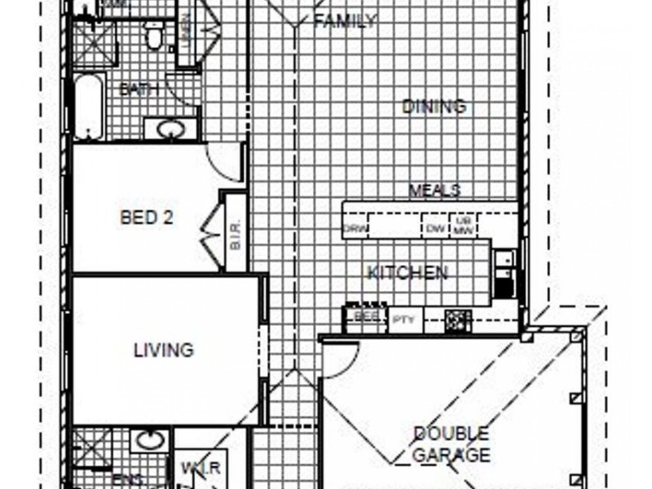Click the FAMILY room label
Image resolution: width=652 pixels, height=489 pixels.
click(345, 21)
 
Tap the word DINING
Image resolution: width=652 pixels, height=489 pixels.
click(434, 106)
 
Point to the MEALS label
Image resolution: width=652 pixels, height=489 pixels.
click(434, 191)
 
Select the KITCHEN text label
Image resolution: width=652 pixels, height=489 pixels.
click(407, 272)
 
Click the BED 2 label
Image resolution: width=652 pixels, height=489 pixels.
click(147, 218)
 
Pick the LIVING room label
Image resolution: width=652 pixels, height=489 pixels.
click(164, 350)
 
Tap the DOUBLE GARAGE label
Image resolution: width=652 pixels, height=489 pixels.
click(451, 444)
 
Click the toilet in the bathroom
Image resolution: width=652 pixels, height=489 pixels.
click(153, 35)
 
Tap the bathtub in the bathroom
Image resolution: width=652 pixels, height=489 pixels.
click(89, 106)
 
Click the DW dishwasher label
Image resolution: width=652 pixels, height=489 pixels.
click(434, 229)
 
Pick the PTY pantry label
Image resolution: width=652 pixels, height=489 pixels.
click(402, 319)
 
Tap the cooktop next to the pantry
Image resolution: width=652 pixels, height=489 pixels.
click(458, 319)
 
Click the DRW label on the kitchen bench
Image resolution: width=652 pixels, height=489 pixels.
click(355, 229)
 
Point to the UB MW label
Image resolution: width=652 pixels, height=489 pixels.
click(464, 226)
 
